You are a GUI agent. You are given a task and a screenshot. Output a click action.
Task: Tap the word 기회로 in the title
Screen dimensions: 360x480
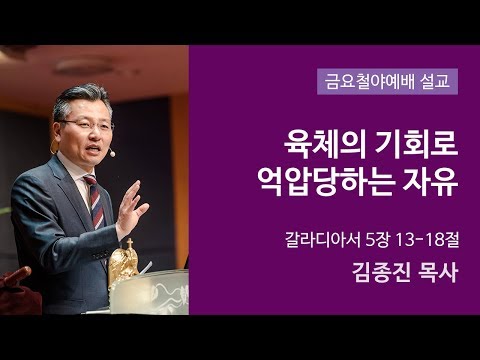(x=413, y=145)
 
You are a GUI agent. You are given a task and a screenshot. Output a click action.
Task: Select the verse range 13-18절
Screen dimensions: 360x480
(x=425, y=240)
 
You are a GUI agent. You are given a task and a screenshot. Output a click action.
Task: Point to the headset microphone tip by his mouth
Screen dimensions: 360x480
(x=114, y=156)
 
